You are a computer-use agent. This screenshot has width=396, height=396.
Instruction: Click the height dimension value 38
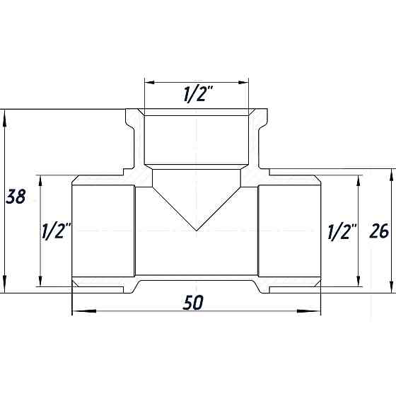tap(16, 197)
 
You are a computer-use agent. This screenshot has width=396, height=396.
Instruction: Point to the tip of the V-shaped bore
tap(197, 231)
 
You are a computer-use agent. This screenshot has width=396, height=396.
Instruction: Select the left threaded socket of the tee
tap(103, 231)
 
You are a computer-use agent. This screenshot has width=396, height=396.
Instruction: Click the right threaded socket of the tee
tap(290, 231)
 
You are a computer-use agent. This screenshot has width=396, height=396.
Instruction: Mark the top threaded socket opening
tap(197, 138)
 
